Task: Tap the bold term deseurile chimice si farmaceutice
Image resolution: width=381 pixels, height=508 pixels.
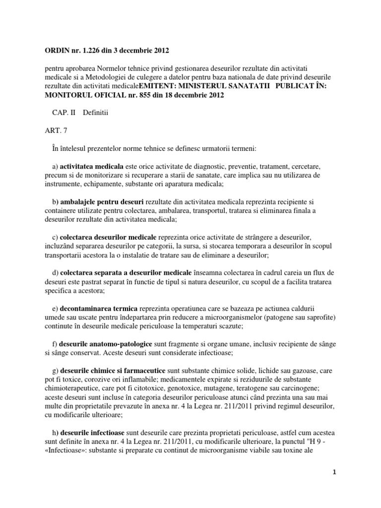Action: pos(113,371)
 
